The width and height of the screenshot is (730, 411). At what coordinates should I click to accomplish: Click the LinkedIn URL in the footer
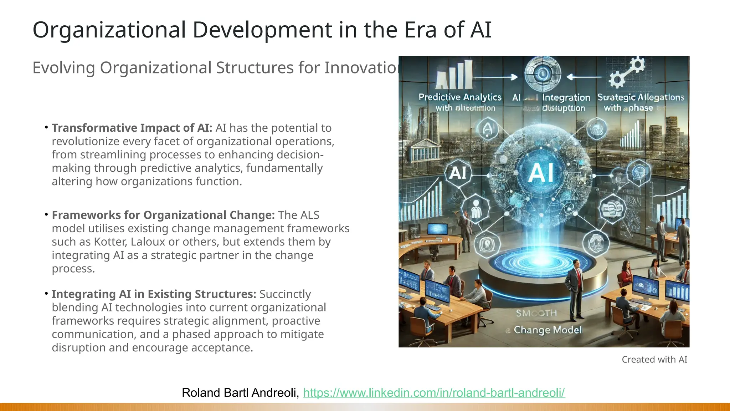pyautogui.click(x=434, y=393)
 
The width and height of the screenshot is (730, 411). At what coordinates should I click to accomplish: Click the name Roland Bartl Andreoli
pyautogui.click(x=240, y=393)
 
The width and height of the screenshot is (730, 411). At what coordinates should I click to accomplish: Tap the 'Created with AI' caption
pyautogui.click(x=654, y=360)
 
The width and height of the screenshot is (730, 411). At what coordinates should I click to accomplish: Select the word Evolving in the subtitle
pyautogui.click(x=63, y=68)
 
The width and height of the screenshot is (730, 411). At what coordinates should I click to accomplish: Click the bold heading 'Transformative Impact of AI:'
pyautogui.click(x=132, y=128)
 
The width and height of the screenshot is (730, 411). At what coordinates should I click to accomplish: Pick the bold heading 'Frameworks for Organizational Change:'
pyautogui.click(x=163, y=215)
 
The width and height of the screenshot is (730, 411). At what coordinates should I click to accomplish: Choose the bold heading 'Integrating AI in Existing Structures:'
pyautogui.click(x=154, y=294)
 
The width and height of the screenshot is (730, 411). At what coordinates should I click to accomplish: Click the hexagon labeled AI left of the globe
pyautogui.click(x=458, y=173)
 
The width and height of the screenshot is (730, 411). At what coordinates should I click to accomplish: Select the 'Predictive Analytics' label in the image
pyautogui.click(x=460, y=97)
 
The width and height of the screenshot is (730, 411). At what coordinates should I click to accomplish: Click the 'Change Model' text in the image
pyautogui.click(x=547, y=330)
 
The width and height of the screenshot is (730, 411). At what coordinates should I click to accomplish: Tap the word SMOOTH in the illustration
pyautogui.click(x=536, y=313)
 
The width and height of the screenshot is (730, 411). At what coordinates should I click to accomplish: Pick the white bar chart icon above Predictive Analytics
pyautogui.click(x=454, y=75)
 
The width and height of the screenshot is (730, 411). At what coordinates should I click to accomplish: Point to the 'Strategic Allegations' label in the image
pyautogui.click(x=641, y=97)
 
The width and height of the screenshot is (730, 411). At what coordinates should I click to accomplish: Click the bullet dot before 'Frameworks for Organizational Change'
pyautogui.click(x=46, y=214)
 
